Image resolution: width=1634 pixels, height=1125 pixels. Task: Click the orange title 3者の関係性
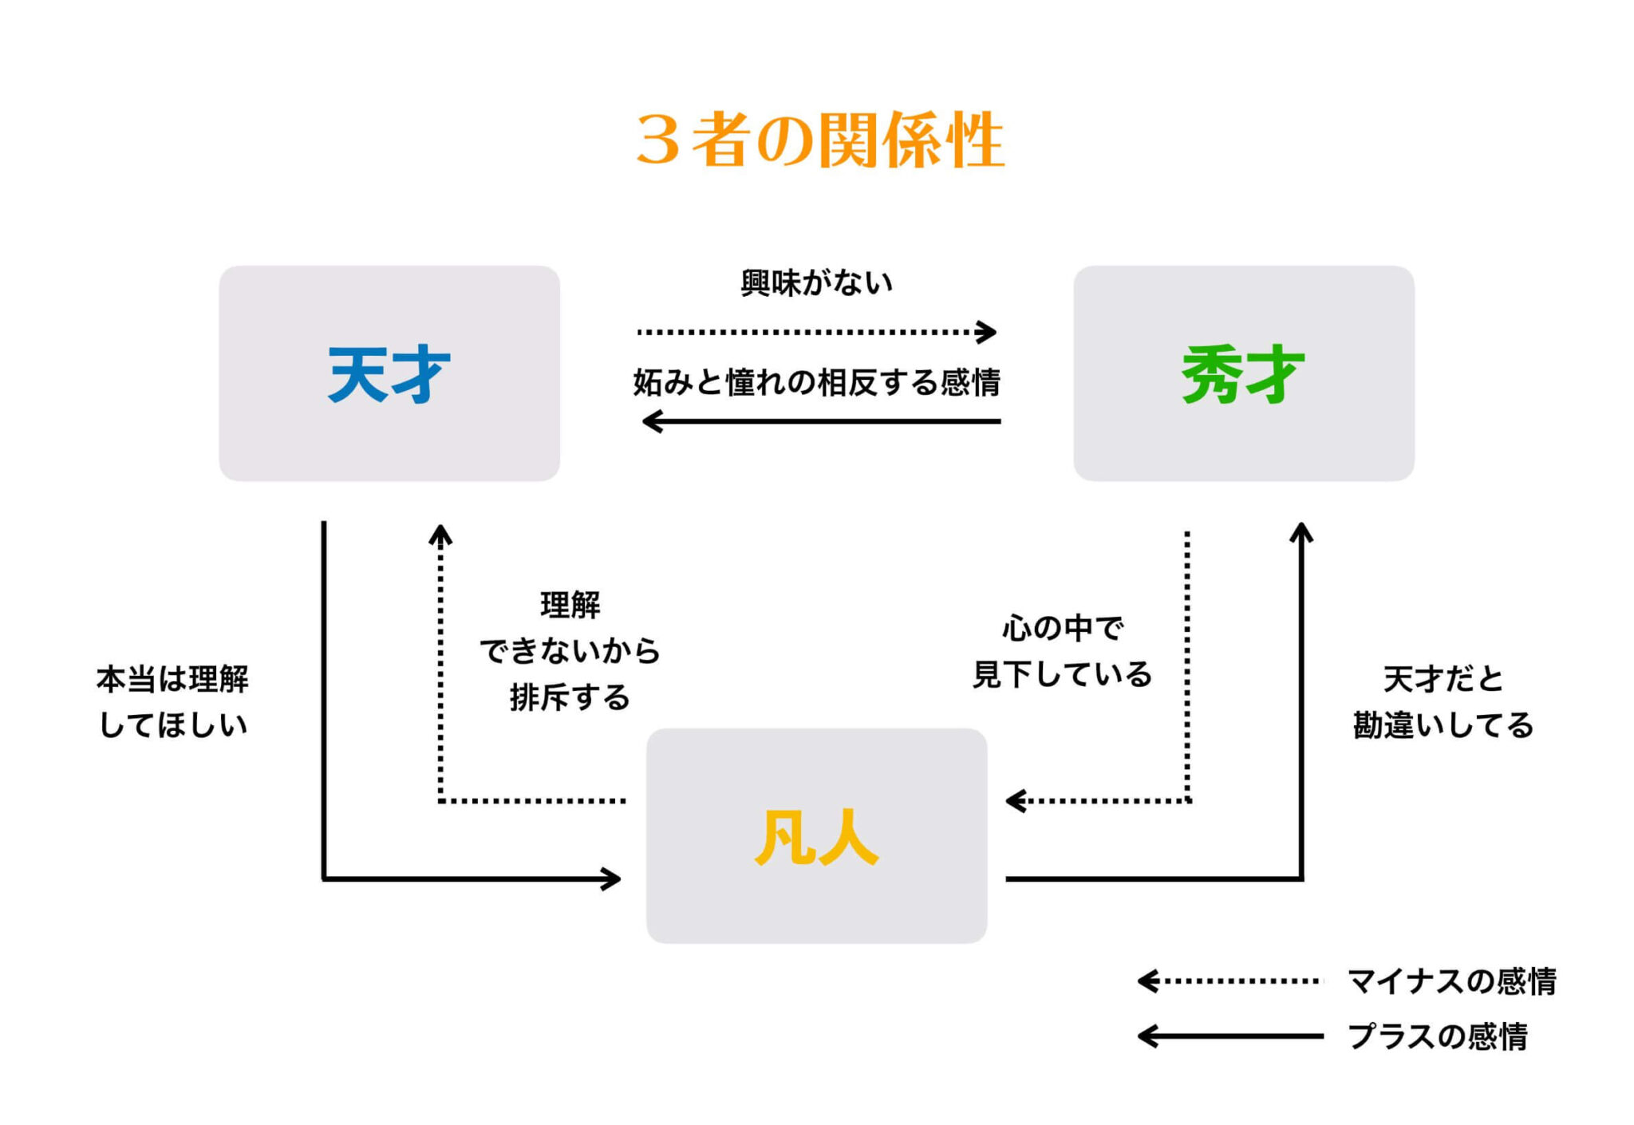point(819,140)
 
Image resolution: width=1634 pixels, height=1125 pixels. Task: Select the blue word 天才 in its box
point(389,374)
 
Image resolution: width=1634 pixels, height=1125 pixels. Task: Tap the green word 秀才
point(1243,374)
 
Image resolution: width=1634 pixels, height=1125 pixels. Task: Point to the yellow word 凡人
point(816,837)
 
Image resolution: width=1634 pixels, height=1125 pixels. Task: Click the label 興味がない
point(816,283)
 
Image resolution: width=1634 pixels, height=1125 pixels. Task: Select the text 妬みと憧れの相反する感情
point(816,383)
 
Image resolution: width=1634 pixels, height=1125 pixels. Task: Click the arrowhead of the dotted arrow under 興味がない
point(989,332)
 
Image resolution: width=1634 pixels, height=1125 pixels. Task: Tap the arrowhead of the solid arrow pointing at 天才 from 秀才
point(651,421)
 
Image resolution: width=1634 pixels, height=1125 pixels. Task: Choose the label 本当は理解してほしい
point(172,702)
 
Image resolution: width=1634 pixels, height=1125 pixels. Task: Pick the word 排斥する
point(570,697)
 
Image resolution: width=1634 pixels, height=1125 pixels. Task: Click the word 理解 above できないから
point(570,605)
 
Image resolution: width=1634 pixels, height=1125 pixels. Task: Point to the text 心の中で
point(1062,629)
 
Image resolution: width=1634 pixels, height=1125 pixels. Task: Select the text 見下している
point(1062,675)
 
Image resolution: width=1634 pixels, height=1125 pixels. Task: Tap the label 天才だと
point(1443,680)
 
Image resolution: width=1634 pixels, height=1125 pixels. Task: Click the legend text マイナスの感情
point(1451,981)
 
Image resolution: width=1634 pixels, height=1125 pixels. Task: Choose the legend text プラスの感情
point(1437,1036)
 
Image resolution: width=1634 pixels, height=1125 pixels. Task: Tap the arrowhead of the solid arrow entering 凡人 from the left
point(613,879)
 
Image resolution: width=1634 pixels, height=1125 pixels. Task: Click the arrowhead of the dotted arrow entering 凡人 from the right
point(1014,800)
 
